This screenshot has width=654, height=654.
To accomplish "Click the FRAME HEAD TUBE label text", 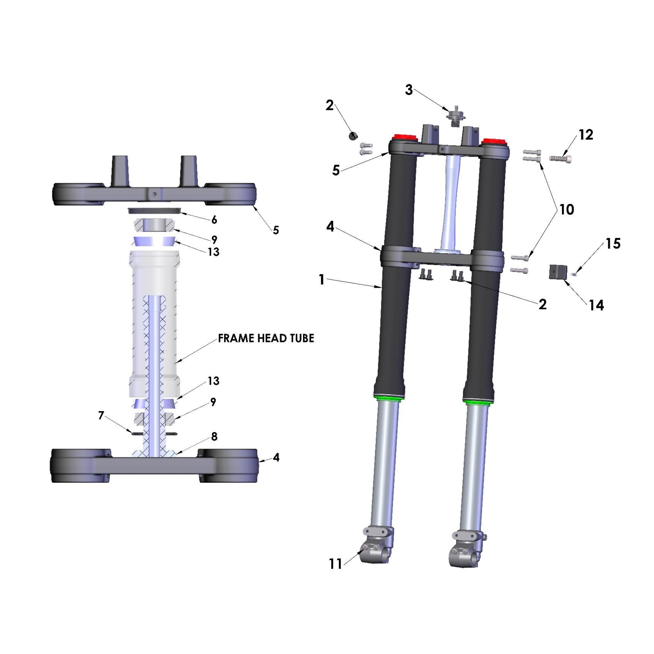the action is click(266, 338).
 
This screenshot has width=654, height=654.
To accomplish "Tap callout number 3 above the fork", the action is click(409, 90).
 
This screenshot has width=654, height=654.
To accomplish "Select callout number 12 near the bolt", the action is click(586, 135).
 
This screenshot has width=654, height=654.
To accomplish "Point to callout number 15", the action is click(613, 243).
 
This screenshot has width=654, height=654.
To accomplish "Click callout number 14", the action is click(596, 305).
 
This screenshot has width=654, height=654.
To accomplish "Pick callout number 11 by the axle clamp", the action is click(335, 564).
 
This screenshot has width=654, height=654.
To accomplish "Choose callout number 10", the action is click(567, 209).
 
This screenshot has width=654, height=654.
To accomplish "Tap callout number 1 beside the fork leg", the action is click(321, 279).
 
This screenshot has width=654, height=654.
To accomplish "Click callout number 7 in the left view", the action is click(101, 416).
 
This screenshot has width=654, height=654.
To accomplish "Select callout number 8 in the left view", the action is click(214, 436).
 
